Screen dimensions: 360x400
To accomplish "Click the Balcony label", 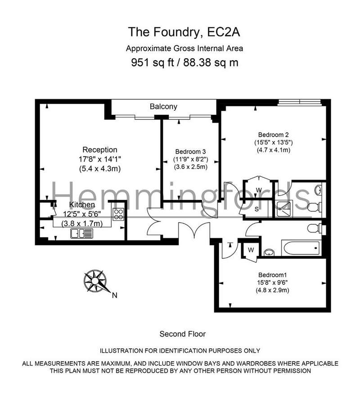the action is coord(163,106).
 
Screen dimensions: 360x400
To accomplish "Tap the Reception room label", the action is coord(100,150).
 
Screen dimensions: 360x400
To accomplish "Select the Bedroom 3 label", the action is coord(190,152).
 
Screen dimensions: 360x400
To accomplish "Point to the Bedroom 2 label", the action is coord(274,135).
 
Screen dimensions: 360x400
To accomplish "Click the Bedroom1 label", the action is coord(272,275).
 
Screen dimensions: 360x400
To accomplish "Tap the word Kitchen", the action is coord(82,205).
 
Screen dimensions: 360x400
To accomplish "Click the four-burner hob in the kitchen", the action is coord(118,214).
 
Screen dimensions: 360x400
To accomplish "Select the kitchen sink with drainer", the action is coord(81,233).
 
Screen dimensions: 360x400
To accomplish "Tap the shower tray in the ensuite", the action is coord(283,209).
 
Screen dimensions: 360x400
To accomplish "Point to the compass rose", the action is coord(95,281).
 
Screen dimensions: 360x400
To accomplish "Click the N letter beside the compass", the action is coord(115,295).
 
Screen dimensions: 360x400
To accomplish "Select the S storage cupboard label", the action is coord(256,209).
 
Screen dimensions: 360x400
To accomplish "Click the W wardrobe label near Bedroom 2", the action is coord(259,190).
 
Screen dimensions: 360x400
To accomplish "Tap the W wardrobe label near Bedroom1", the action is coord(251,250).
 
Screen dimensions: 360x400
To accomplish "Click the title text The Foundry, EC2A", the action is coord(184,32).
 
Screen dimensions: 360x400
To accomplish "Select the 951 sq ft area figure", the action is coord(152,63).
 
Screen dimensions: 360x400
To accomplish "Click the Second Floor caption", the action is coord(182,334).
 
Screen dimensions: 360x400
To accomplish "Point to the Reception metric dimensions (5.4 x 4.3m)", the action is coord(99,168).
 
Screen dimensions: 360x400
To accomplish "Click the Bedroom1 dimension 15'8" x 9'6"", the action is coord(272,282).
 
